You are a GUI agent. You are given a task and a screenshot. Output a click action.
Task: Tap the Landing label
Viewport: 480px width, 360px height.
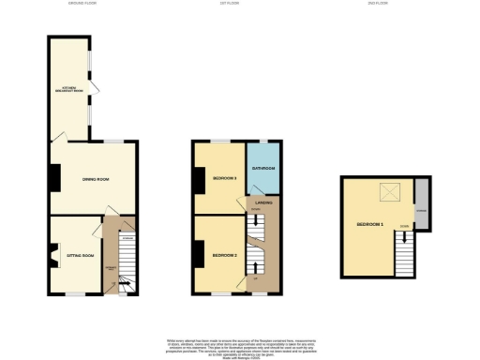(x=263, y=202)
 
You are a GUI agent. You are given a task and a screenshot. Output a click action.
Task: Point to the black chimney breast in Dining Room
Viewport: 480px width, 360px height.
(x=54, y=175)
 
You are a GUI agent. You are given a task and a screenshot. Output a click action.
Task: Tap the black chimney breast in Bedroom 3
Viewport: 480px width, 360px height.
(x=198, y=179)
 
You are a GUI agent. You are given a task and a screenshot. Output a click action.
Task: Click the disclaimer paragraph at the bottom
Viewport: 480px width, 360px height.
(x=239, y=345)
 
